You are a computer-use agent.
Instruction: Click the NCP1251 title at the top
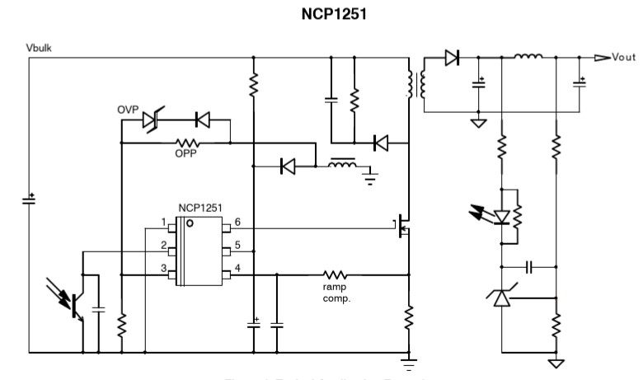[x=321, y=16]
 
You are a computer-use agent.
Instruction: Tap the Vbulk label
[x=39, y=50]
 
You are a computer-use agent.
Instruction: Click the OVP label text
[x=128, y=110]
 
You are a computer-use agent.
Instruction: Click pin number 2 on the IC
[x=164, y=246]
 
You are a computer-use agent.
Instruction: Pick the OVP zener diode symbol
[x=151, y=120]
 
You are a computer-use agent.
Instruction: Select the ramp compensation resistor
[x=335, y=274]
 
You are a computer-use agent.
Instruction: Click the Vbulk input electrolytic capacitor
[x=31, y=200]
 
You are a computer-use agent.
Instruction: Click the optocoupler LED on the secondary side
[x=501, y=217]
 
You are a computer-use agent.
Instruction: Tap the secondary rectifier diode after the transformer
[x=450, y=58]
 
